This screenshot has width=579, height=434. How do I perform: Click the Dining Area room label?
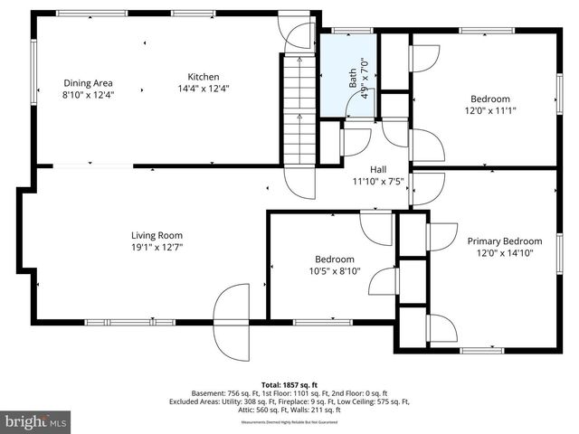pos(88,82)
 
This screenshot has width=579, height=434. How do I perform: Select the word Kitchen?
pos(203,77)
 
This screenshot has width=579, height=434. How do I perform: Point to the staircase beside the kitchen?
pos(298,108)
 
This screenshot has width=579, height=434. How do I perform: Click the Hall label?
pos(380,169)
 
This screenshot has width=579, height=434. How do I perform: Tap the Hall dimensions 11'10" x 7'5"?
pos(380,181)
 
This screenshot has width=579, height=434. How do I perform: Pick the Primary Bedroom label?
pos(504,241)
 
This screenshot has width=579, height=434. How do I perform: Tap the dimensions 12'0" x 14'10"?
pos(504,253)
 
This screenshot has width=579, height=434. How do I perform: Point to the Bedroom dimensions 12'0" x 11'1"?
pos(489,111)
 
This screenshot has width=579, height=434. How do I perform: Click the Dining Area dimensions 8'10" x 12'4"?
pos(88,94)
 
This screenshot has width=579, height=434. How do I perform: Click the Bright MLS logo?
pos(36,422)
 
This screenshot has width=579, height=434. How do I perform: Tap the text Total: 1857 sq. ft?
pos(290,383)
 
